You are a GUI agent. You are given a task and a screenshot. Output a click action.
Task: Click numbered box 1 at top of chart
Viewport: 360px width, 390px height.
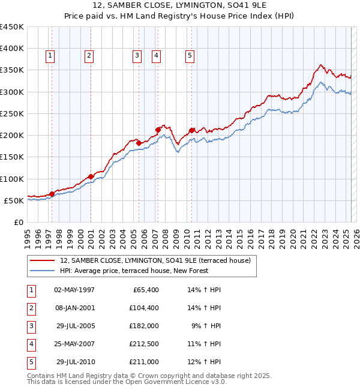(49, 56)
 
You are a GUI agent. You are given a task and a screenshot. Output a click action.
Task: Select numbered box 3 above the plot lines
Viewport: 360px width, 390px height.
(137, 56)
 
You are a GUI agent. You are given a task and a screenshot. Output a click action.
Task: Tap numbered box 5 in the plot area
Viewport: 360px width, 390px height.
(190, 56)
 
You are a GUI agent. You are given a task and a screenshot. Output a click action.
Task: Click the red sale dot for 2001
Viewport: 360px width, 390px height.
(91, 176)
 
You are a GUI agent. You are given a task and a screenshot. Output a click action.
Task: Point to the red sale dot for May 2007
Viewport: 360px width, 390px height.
(158, 130)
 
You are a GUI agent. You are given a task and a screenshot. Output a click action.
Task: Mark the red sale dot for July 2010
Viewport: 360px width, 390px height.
(191, 130)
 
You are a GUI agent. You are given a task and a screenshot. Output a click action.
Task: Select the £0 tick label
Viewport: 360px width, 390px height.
(18, 222)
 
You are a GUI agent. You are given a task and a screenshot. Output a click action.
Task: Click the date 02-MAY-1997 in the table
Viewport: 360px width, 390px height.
(74, 290)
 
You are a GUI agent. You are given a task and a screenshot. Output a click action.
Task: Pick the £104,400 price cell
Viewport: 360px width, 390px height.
(143, 308)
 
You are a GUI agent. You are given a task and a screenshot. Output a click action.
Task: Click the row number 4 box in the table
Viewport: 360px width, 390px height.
(31, 344)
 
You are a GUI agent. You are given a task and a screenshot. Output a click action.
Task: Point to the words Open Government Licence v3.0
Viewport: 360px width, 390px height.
(181, 382)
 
